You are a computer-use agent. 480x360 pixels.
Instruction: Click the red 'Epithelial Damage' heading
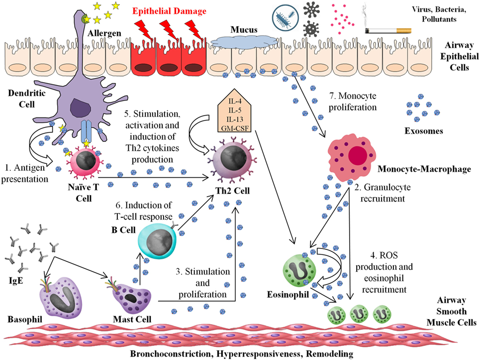pyautogui.click(x=169, y=11)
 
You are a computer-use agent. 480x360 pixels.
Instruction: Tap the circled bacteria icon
pyautogui.click(x=285, y=18)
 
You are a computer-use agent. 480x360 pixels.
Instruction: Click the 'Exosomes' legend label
pyautogui.click(x=424, y=131)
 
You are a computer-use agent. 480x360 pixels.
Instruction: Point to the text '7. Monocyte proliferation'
pyautogui.click(x=353, y=102)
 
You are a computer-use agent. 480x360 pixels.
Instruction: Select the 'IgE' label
pyautogui.click(x=16, y=280)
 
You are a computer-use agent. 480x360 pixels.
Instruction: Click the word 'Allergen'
pyautogui.click(x=104, y=33)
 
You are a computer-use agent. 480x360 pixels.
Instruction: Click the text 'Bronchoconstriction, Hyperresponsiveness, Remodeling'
pyautogui.click(x=242, y=354)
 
